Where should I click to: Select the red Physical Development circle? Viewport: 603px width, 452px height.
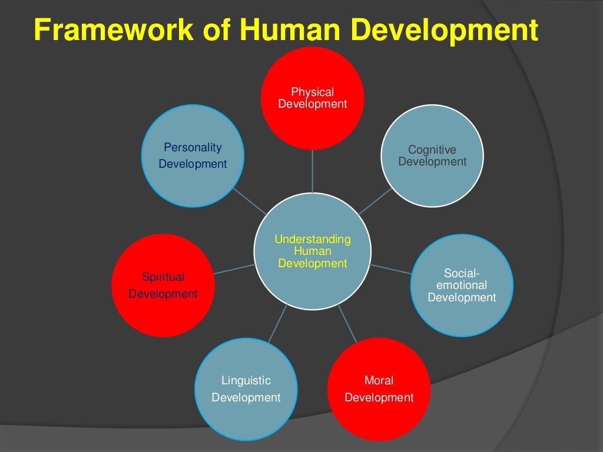tap(312, 98)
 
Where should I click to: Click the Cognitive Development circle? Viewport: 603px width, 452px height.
tap(432, 156)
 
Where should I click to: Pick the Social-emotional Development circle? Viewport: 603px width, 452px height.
tap(462, 285)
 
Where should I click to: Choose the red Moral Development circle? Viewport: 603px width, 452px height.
tap(379, 389)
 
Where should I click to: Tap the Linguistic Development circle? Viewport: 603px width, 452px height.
tap(246, 389)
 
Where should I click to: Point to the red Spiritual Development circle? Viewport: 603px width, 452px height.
tap(163, 285)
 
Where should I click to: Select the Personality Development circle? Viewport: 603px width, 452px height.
tap(193, 156)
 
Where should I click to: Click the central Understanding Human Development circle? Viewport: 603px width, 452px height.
tap(312, 251)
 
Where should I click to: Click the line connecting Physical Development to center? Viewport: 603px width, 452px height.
tap(312, 171)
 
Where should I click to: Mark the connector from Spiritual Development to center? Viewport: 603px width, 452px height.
tap(235, 269)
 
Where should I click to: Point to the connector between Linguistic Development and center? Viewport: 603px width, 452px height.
tap(277, 323)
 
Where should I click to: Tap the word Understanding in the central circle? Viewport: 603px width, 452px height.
tap(312, 240)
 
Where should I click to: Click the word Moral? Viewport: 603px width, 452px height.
tap(379, 380)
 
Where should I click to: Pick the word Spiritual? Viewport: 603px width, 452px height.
tap(163, 277)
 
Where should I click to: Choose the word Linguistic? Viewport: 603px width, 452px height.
tap(246, 380)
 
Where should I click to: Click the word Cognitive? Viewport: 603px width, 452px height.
tap(432, 150)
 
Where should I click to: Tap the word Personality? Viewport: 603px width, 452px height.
tap(193, 147)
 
